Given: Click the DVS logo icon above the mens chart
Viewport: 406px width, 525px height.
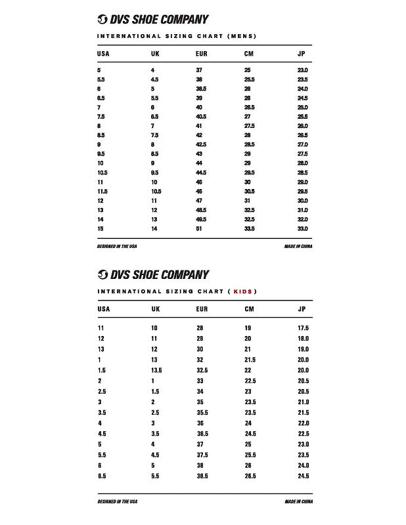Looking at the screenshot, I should click(x=102, y=19).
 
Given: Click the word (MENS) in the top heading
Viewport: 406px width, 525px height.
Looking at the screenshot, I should click(x=241, y=35).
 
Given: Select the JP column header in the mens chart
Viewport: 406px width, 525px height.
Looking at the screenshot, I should click(x=302, y=53).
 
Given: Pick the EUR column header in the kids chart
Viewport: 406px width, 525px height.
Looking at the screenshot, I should click(x=202, y=308).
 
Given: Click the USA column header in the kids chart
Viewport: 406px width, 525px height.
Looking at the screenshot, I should click(x=104, y=308).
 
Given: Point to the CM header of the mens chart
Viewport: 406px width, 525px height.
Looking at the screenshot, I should click(x=249, y=53).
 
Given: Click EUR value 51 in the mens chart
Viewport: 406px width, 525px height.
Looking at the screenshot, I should click(x=199, y=228).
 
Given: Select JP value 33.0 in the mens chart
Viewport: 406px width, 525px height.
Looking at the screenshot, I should click(x=302, y=228).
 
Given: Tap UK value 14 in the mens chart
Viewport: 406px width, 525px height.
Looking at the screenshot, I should click(x=154, y=228).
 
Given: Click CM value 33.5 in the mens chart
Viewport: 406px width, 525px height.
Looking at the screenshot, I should click(x=250, y=228).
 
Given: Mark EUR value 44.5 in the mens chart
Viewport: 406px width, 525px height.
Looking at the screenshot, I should click(x=201, y=173).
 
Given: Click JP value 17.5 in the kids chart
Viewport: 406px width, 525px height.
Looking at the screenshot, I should click(x=303, y=327).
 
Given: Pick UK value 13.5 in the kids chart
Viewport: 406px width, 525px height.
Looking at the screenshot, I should click(x=156, y=370).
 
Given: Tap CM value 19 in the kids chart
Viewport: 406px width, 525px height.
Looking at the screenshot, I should click(x=248, y=327).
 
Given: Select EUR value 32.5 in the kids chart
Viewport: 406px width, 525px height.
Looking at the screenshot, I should click(x=202, y=370).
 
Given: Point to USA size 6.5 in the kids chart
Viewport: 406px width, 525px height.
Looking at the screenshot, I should click(x=102, y=476).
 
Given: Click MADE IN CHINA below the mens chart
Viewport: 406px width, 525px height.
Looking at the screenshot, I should click(x=298, y=246).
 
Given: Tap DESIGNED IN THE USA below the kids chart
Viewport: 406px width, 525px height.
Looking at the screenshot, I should click(x=117, y=501).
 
